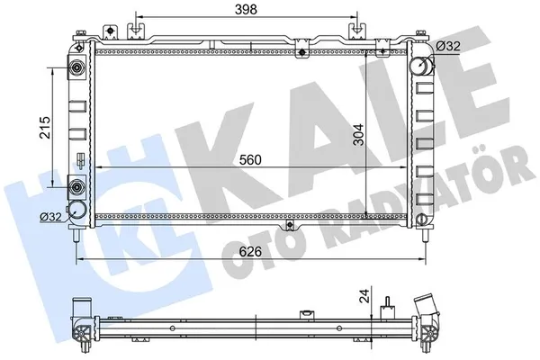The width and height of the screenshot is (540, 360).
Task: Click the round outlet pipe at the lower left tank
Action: coord(79,211)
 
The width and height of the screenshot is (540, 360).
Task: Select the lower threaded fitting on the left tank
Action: coord(76,187)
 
